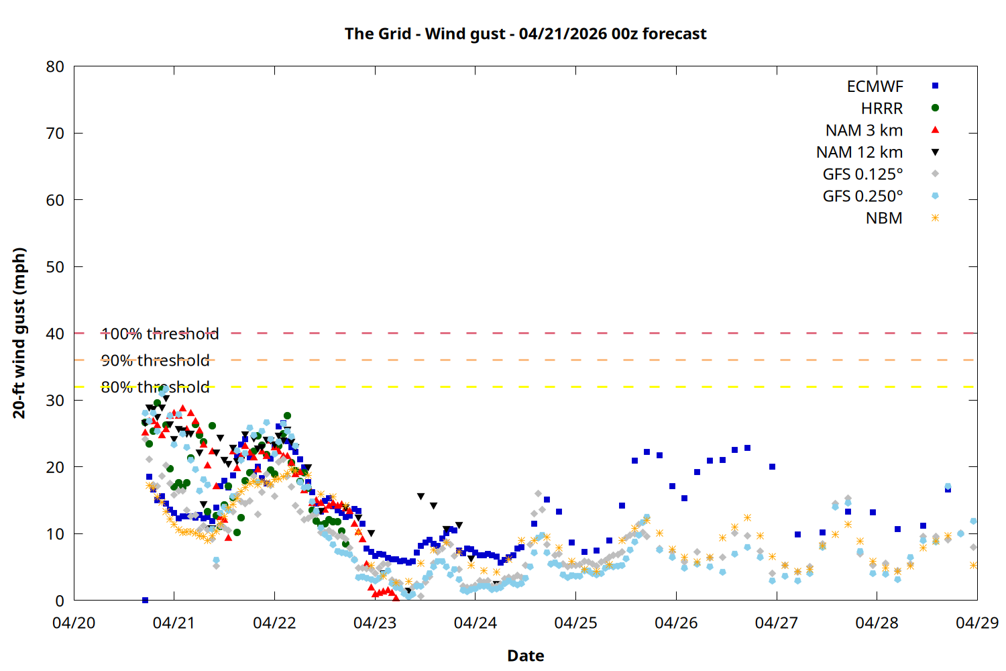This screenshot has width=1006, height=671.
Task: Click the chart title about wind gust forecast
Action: tap(525, 34)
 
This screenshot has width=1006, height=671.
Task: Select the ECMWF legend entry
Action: tap(875, 87)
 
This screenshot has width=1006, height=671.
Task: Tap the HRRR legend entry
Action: tap(882, 109)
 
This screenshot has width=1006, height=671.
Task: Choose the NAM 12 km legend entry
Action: tap(859, 152)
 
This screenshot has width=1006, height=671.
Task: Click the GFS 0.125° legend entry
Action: tap(862, 174)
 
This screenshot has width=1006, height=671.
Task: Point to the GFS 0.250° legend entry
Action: tap(862, 197)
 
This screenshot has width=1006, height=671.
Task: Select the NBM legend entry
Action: tap(884, 219)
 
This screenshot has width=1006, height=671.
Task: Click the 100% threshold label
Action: tap(160, 333)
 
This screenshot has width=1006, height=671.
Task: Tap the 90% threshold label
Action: tap(155, 360)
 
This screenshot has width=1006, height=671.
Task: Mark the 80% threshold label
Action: tap(155, 387)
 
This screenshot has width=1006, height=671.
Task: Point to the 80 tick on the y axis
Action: tap(55, 66)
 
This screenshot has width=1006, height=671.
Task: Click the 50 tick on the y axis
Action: tap(55, 266)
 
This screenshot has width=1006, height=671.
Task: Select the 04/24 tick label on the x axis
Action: tap(476, 623)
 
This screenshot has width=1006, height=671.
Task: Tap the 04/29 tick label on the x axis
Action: tap(976, 623)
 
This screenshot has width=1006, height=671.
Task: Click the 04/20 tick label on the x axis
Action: tap(74, 623)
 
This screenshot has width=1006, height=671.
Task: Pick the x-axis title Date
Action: tap(525, 656)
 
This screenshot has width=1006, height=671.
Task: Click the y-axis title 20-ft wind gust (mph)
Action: tap(19, 333)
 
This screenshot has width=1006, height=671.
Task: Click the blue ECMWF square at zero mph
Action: tap(145, 600)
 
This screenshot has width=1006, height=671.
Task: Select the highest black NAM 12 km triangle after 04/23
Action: tap(421, 497)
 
